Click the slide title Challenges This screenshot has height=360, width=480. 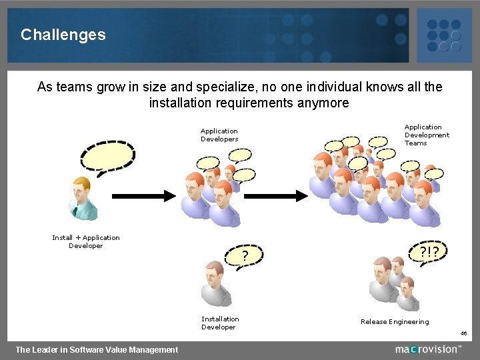tap(63, 35)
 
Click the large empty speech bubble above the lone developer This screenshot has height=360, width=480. tap(107, 157)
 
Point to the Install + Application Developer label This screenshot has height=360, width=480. tap(86, 241)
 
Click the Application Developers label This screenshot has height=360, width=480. tap(219, 135)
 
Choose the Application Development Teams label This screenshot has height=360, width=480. tap(427, 135)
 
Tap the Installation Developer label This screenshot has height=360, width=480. tap(220, 323)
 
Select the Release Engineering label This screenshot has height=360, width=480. tap(395, 322)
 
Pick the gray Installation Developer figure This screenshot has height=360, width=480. tap(216, 283)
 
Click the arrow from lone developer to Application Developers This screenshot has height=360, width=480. tap(143, 196)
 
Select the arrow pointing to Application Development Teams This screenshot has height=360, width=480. tap(280, 196)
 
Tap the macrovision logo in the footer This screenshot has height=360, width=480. tap(427, 349)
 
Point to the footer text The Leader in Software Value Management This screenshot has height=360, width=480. tap(97, 349)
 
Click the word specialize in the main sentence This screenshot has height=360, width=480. tap(227, 87)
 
